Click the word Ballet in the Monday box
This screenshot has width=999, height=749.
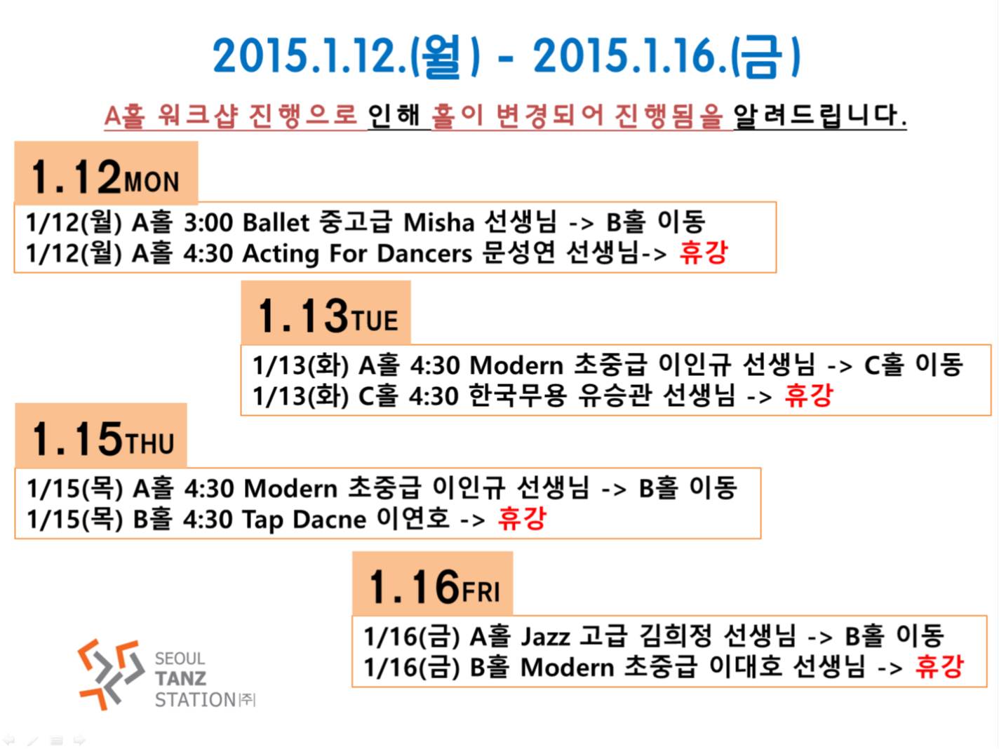pyautogui.click(x=276, y=223)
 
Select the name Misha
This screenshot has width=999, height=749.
pyautogui.click(x=438, y=223)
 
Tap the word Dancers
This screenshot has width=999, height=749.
pyautogui.click(x=424, y=253)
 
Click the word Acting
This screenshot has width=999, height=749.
pyautogui.click(x=281, y=254)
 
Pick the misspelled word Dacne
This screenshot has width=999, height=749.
pyautogui.click(x=329, y=520)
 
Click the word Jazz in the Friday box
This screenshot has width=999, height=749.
pyautogui.click(x=545, y=636)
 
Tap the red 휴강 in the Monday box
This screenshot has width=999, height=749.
pyautogui.click(x=704, y=252)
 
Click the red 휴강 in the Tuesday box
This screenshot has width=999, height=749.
pyautogui.click(x=809, y=395)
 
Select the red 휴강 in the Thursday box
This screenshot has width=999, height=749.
pyautogui.click(x=522, y=518)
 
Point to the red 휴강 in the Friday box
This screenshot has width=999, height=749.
pyautogui.click(x=939, y=667)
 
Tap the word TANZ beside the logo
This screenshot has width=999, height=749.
pyautogui.click(x=181, y=678)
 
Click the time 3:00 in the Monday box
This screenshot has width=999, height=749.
pyautogui.click(x=208, y=223)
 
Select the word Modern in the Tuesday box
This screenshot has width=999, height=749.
pyautogui.click(x=516, y=365)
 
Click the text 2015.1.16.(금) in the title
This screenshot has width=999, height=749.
pyautogui.click(x=666, y=57)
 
